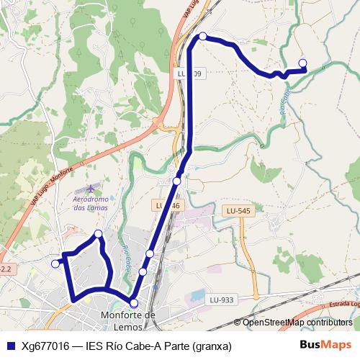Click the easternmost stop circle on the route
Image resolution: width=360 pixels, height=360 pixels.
click(302, 63)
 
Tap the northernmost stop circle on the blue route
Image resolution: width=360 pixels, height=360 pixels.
click(203, 36)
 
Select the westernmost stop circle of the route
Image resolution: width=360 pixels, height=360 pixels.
click(55, 264)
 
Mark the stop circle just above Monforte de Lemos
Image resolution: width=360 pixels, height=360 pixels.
click(134, 303)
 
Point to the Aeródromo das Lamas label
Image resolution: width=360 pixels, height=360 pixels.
click(91, 203)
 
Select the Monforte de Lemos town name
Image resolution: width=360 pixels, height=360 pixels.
click(130, 320)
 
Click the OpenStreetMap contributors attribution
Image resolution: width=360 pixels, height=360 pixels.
click(297, 323)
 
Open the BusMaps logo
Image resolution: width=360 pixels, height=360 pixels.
click(325, 345)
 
